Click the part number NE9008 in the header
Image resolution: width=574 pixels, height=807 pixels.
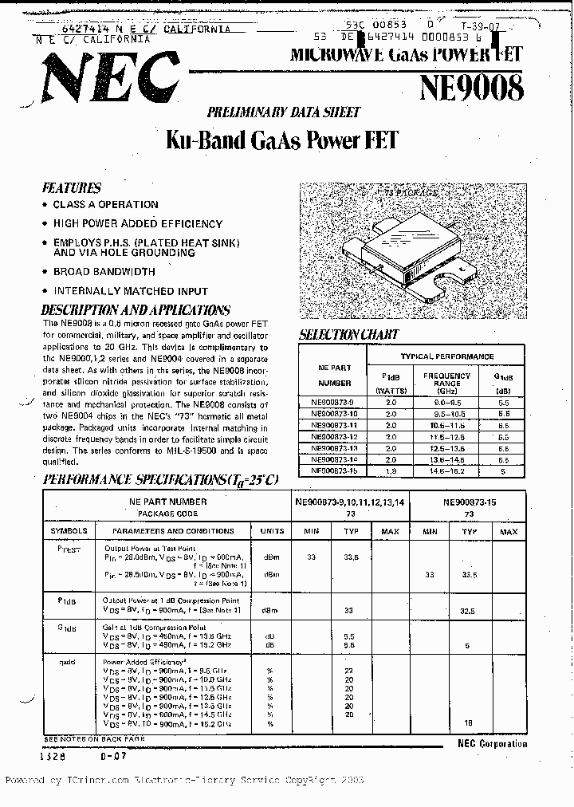point(471,87)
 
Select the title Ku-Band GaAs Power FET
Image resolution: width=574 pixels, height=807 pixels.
point(281,140)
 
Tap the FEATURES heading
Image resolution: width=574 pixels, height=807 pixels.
point(71,188)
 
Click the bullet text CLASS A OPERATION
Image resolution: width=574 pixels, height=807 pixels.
point(105,205)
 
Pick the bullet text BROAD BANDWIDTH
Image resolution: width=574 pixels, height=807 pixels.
point(104,272)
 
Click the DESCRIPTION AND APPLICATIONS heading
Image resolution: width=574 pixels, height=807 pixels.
point(136,309)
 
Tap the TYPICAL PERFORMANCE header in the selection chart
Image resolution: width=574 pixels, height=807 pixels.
point(446,356)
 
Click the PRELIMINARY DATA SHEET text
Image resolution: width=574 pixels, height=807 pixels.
point(284,112)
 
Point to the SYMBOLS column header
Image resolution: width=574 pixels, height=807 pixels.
point(69,531)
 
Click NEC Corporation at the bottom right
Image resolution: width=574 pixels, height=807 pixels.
point(492,744)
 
